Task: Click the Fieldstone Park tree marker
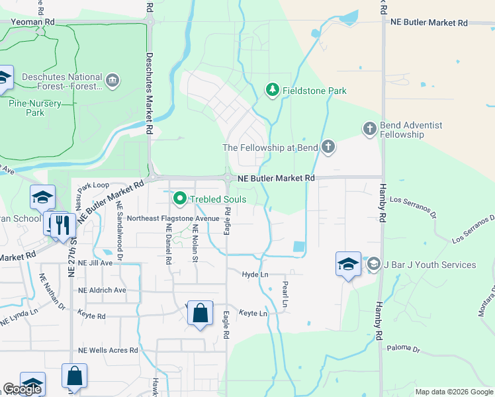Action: click(x=271, y=89)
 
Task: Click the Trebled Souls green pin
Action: click(x=179, y=198)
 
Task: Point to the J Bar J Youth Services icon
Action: click(x=373, y=265)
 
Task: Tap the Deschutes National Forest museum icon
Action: click(x=112, y=81)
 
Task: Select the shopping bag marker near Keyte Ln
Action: click(x=200, y=314)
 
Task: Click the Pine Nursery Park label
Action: click(x=35, y=108)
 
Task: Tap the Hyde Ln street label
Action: click(x=255, y=274)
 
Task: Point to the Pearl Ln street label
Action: click(x=285, y=295)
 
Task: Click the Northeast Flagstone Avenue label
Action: click(x=173, y=218)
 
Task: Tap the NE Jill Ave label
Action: click(x=95, y=263)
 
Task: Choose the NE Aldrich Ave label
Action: click(x=102, y=290)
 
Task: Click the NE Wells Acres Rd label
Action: click(x=106, y=351)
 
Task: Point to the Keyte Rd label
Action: click(x=91, y=316)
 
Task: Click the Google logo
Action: click(x=22, y=390)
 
